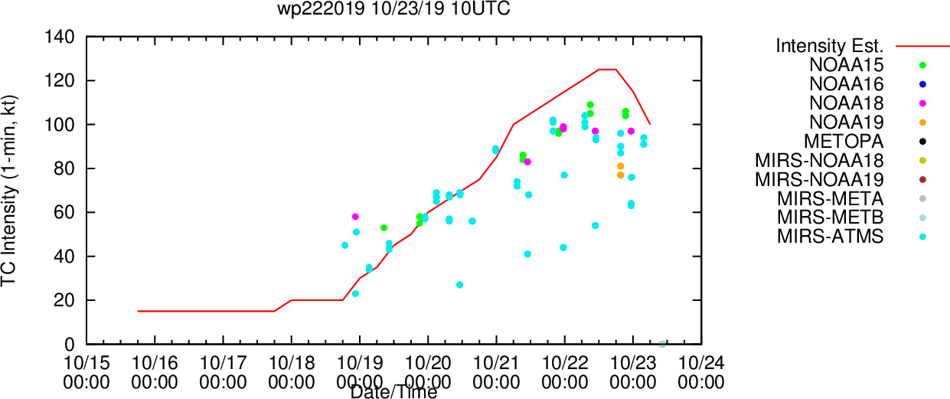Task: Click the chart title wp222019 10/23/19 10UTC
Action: (393, 8)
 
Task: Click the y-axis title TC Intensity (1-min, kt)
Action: (8, 191)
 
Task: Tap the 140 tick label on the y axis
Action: (60, 37)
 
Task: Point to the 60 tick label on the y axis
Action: (64, 212)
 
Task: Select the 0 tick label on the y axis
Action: (70, 345)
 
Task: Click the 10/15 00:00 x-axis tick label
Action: (87, 373)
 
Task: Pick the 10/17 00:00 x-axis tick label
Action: (223, 373)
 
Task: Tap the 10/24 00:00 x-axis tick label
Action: (701, 373)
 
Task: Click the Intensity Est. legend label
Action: (830, 46)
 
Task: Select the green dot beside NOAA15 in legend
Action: (922, 65)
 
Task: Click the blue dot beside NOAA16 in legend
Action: (922, 84)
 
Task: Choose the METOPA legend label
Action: (844, 142)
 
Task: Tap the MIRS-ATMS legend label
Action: (831, 237)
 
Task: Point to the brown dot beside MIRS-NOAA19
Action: (922, 179)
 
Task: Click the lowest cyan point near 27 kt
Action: (460, 285)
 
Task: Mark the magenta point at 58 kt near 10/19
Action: (355, 217)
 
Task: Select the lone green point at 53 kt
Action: (384, 228)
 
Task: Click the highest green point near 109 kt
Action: (590, 105)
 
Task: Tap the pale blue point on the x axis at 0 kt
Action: (662, 344)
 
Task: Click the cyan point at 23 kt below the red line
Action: (355, 294)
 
